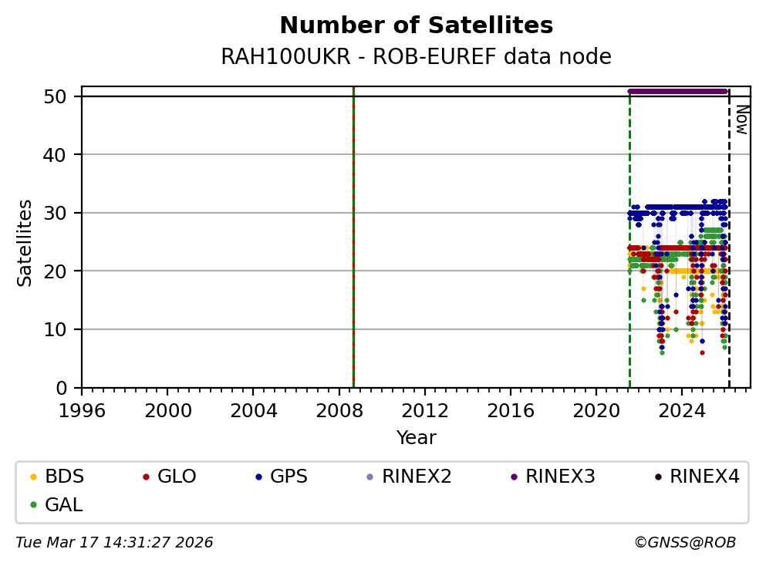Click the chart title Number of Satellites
416,26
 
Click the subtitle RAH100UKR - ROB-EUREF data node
416,57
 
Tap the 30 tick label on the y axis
62,213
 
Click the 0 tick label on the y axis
67,388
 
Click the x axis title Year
416,438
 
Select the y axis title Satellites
25,243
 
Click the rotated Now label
741,120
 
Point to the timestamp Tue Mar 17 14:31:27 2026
114,543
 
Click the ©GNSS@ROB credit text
684,543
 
